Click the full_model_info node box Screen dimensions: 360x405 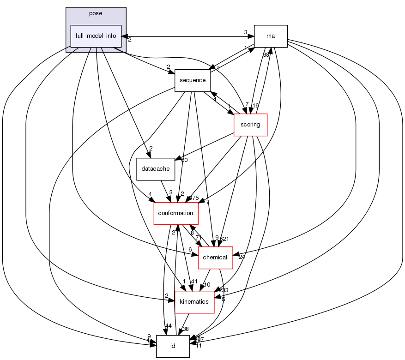point(96,36)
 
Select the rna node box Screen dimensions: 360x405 point(271,36)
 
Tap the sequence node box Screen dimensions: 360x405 point(193,80)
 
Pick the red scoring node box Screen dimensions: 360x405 point(251,125)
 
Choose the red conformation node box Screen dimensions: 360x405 point(175,213)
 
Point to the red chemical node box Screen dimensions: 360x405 point(215,258)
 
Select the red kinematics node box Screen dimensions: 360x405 point(194,302)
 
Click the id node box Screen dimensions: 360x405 point(173,346)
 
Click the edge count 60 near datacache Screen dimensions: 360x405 point(184,160)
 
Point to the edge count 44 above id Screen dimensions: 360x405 point(169,326)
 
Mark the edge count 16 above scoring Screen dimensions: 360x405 point(255,106)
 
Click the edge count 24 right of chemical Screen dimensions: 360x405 point(242,257)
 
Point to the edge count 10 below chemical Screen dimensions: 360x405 point(208,285)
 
